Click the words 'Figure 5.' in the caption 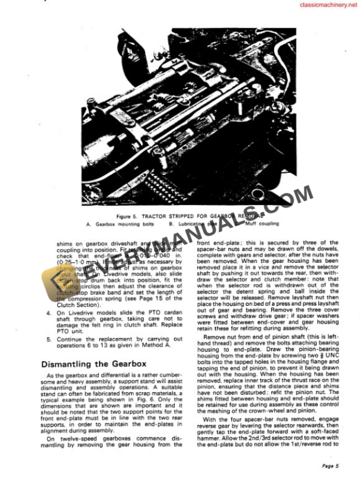coord(128,216)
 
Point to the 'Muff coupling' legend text coord(264,223)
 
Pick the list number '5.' coord(45,339)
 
